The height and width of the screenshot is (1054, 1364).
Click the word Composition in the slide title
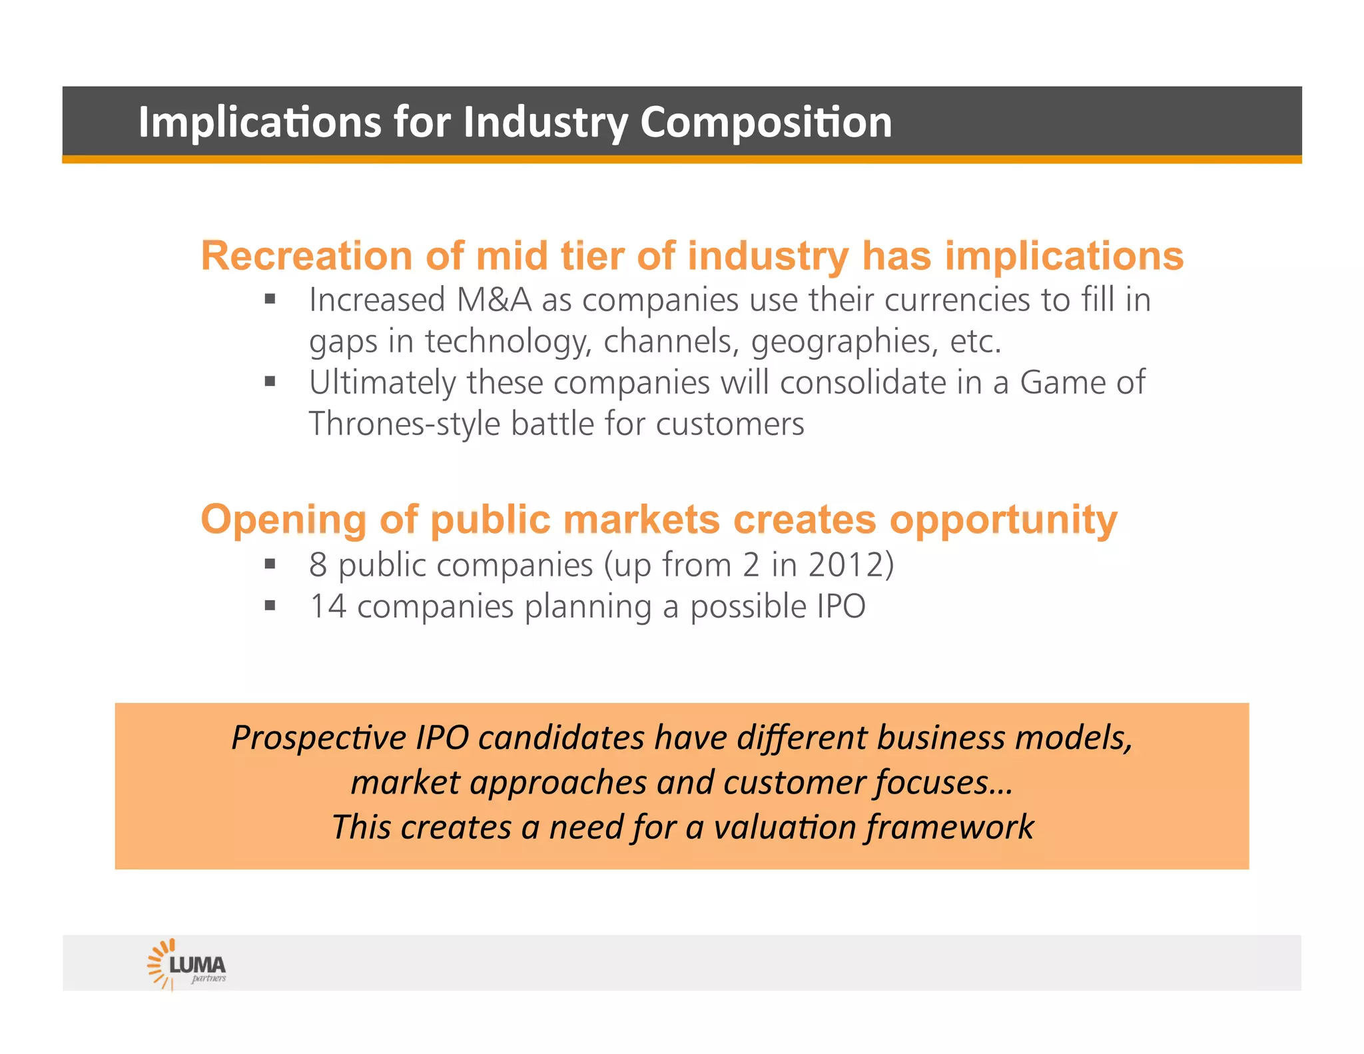click(765, 123)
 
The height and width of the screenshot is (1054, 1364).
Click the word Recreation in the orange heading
click(306, 256)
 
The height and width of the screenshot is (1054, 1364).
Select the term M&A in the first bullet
click(494, 300)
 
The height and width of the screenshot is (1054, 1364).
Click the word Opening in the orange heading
click(283, 520)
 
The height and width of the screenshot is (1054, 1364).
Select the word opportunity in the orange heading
click(1003, 520)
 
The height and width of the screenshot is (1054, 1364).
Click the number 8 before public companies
click(318, 565)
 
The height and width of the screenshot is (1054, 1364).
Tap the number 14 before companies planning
click(328, 606)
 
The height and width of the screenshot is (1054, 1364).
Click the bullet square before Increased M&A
click(270, 299)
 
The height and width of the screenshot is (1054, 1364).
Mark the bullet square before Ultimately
click(270, 382)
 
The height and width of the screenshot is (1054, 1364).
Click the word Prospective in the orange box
click(318, 738)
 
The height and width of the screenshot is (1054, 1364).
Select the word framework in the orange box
click(950, 827)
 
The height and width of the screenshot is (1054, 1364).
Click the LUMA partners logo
click(187, 964)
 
